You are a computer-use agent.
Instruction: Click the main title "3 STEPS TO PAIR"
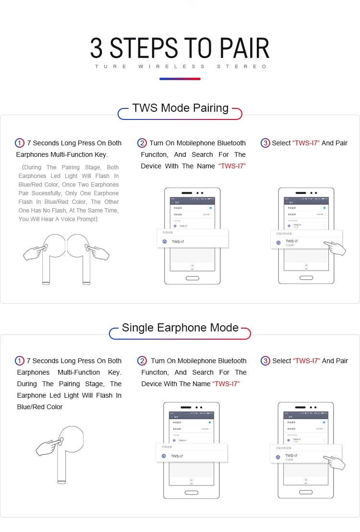coord(180,48)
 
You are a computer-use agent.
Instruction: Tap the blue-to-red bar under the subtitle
coord(180,79)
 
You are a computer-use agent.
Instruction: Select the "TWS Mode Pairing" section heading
coord(180,108)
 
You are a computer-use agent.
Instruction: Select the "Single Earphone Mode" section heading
coord(180,328)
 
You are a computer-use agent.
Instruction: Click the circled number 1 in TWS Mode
coord(20,143)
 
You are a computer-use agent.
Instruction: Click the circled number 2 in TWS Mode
coord(142,143)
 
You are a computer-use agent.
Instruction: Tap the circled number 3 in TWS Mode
coord(265,143)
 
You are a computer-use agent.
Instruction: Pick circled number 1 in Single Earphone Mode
coord(20,361)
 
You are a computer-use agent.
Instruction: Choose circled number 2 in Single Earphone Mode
coord(142,361)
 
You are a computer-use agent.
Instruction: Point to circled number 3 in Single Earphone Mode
coord(265,361)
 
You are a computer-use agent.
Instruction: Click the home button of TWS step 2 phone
coord(192,278)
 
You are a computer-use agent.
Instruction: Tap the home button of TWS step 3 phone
coord(306,278)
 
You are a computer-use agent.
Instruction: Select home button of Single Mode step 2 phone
coord(192,492)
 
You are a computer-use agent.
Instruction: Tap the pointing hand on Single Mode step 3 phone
coord(336,462)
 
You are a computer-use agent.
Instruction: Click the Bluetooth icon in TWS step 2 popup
coord(165,242)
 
